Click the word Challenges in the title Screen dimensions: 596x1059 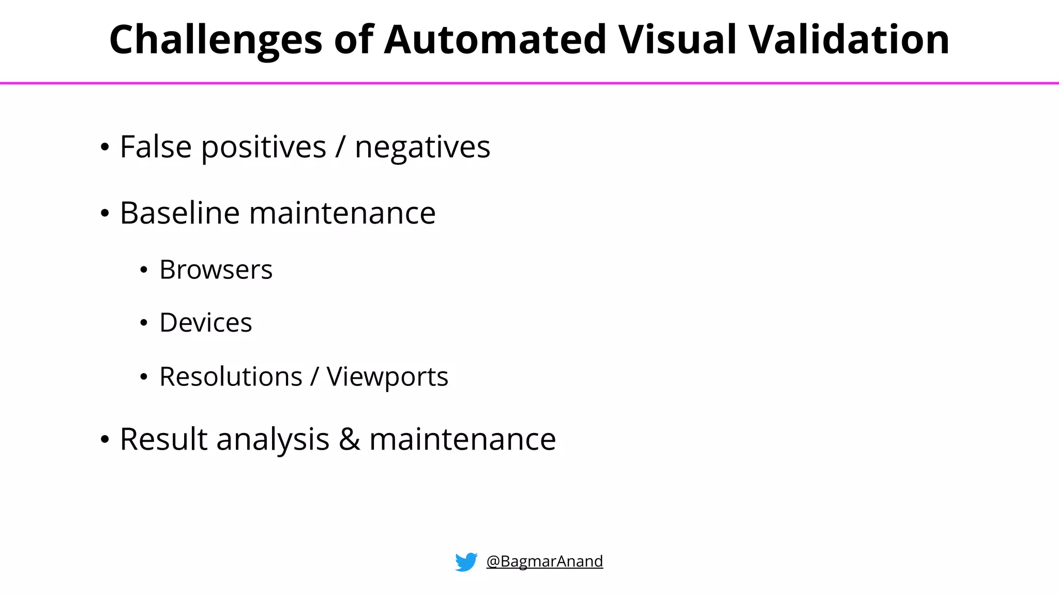[x=216, y=40]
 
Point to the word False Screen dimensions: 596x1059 [x=156, y=147]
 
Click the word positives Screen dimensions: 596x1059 [x=264, y=148]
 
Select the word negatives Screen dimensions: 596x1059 [x=422, y=148]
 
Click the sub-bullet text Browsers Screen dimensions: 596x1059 [x=216, y=270]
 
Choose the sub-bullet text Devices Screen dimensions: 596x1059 [x=205, y=323]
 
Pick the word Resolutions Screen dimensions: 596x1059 [x=231, y=377]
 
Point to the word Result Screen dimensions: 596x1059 [x=163, y=439]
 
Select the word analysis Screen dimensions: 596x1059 [x=273, y=440]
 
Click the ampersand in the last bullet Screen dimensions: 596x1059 [x=350, y=439]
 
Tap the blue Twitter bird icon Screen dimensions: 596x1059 [x=466, y=562]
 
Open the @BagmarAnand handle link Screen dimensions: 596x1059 [x=544, y=561]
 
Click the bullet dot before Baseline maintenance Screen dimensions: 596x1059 [x=105, y=214]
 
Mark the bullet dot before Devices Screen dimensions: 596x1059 [x=144, y=323]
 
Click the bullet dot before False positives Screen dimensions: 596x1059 [x=105, y=147]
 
